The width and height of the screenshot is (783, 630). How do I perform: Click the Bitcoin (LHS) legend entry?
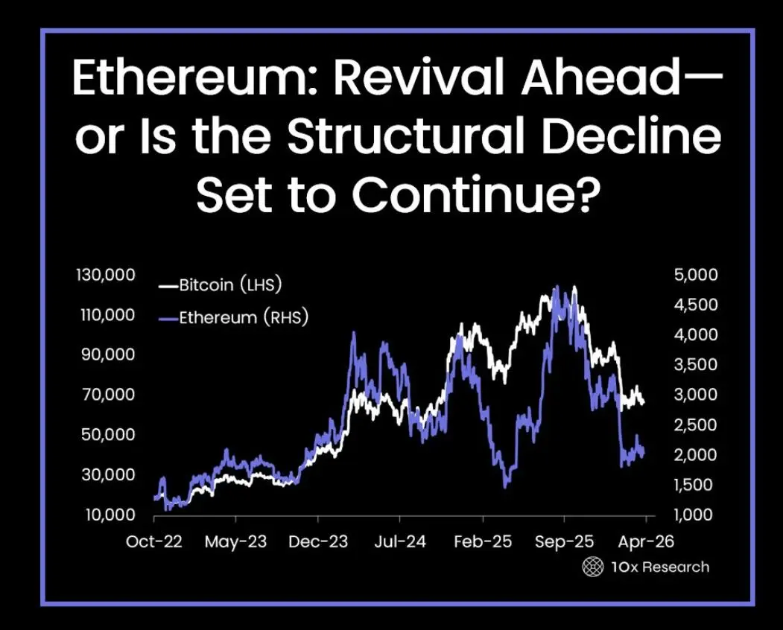220,285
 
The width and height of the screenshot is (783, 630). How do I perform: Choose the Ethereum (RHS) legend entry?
233,317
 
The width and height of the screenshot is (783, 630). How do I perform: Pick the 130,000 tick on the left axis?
105,275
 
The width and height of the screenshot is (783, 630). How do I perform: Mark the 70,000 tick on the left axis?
107,395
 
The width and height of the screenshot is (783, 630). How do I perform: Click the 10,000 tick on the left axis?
110,514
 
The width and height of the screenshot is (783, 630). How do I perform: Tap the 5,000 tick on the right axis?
696,275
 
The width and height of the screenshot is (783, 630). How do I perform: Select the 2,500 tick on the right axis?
696,424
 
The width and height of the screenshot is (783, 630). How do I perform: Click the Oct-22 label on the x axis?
153,541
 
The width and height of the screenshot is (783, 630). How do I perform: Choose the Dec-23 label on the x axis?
318,541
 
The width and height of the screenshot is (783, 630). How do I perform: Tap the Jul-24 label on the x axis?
400,541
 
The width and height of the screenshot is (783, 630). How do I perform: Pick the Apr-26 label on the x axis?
646,541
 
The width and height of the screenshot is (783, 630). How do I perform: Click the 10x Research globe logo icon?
593,567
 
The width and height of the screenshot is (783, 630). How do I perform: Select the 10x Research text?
660,567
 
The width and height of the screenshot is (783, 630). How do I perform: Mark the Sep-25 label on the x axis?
564,541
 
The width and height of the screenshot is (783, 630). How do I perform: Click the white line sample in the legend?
168,286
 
